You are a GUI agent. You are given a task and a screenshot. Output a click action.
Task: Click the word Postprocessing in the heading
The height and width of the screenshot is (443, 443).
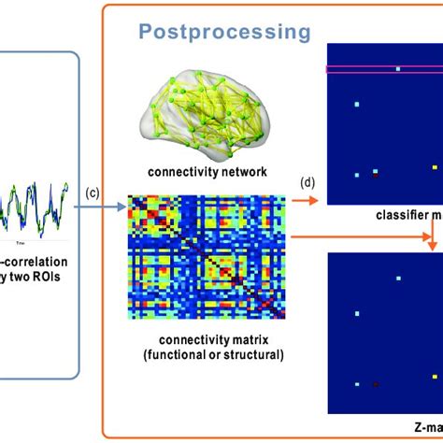(x=224, y=34)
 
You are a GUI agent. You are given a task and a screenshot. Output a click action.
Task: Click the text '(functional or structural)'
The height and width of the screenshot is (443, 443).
(x=207, y=356)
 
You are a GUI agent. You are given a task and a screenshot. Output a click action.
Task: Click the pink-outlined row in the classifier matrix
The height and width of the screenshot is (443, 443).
(x=383, y=68)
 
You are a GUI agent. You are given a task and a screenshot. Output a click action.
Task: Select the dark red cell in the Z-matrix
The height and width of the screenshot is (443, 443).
(x=376, y=383)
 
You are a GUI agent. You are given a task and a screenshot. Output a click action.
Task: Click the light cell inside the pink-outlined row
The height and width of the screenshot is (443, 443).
(x=397, y=68)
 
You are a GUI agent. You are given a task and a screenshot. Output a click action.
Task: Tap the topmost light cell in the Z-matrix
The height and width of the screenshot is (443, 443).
(x=397, y=279)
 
